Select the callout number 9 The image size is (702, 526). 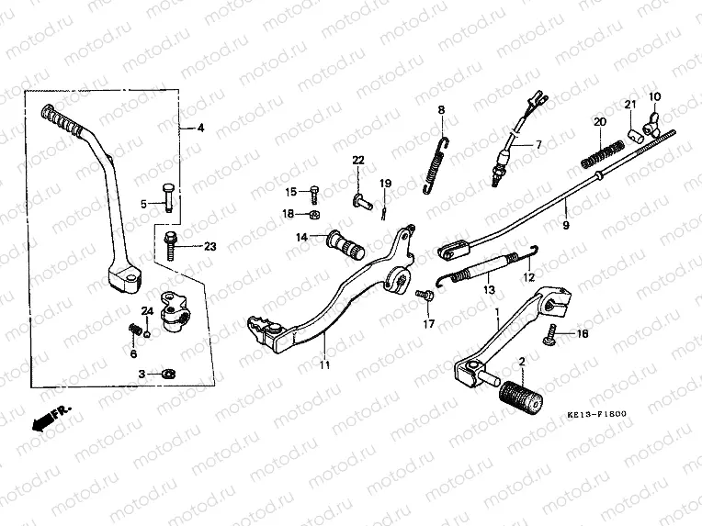click(566, 223)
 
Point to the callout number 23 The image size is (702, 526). click(209, 246)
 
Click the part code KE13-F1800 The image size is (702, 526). click(595, 414)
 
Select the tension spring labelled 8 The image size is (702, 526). click(441, 165)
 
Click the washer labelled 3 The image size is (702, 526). click(170, 374)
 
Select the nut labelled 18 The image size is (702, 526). click(311, 216)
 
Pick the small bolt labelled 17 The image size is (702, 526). click(425, 295)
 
